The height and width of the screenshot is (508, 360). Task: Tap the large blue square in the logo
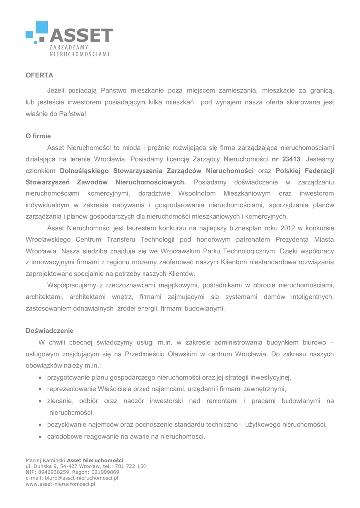[x=42, y=28]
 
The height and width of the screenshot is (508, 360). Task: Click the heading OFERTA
[x=39, y=75]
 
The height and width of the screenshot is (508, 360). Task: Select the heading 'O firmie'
[x=38, y=136]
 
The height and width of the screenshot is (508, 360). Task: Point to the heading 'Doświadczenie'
[x=49, y=330]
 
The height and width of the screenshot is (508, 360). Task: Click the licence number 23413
[x=291, y=159]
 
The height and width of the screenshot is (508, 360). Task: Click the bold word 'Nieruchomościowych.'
[x=150, y=182]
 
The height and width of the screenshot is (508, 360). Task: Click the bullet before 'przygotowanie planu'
[x=40, y=378]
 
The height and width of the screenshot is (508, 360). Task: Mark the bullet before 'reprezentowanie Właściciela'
[x=40, y=389]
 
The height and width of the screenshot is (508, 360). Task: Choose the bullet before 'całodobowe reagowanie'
[x=40, y=437]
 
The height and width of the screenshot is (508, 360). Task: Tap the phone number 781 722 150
[x=131, y=466]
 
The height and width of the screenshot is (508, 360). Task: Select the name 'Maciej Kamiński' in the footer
[x=45, y=460]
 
